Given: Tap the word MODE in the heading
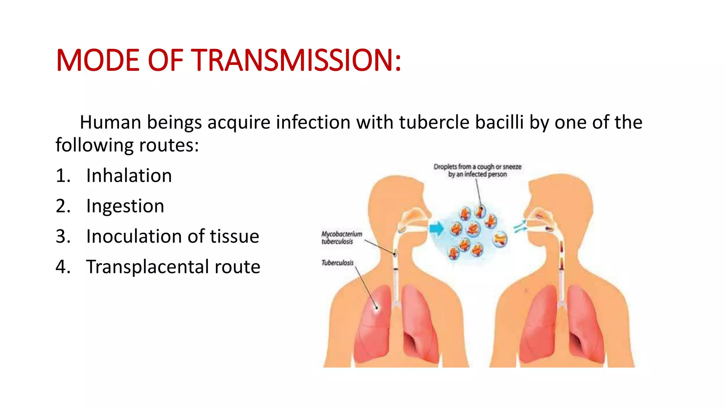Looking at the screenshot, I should pos(98,60).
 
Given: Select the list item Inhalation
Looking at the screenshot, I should pos(129,176).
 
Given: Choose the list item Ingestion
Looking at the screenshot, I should pos(125,206).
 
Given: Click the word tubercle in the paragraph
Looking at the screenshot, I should pos(434,123).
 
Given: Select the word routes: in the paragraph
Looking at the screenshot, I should pos(169,145).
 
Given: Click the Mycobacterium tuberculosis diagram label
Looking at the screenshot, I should pos(341,238).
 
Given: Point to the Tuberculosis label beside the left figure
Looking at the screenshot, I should pos(337,263).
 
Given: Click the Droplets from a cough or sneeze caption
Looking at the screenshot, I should pos(477,170).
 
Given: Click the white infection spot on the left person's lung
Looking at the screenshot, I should pos(377,307).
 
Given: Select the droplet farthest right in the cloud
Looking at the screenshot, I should pos(500,239).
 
